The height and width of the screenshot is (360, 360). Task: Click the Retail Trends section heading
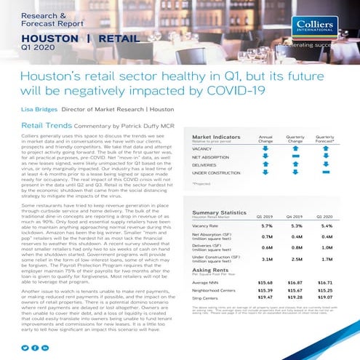tap(47, 125)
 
